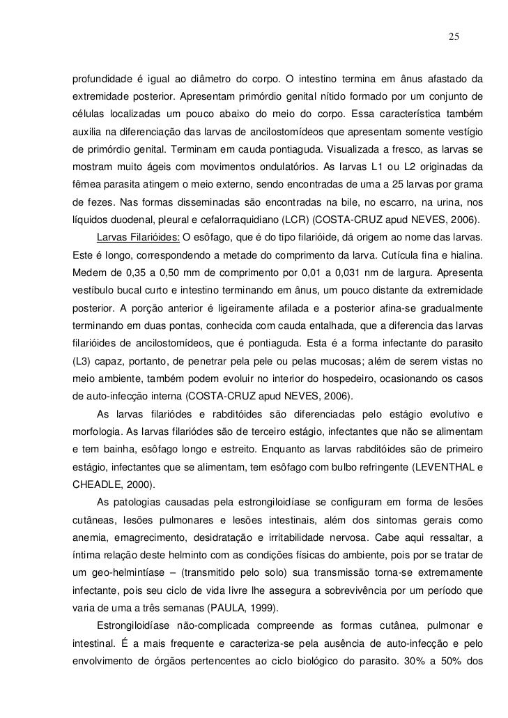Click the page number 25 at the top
pyautogui.click(x=453, y=36)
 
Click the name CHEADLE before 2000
pyautogui.click(x=99, y=485)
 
